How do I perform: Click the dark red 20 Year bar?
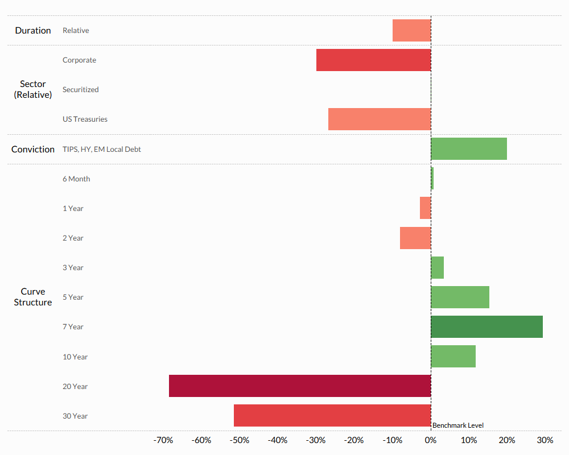(300, 386)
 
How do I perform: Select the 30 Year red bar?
(332, 416)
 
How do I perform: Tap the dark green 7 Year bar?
(486, 326)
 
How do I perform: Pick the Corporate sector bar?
(373, 60)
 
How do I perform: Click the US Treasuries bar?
(380, 119)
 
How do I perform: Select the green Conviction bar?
(469, 149)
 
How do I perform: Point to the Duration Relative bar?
(411, 30)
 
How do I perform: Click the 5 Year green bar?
(460, 297)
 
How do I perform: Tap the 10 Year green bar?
(453, 357)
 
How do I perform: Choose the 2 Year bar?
(415, 238)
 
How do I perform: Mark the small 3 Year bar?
(437, 267)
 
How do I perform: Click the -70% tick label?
(163, 440)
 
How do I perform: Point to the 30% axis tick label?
(545, 440)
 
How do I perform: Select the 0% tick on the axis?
(431, 440)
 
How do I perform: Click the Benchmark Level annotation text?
(458, 425)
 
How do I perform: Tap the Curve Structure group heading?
(33, 297)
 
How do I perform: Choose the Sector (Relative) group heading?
(33, 89)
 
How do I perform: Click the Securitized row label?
(80, 89)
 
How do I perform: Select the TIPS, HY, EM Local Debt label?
(102, 149)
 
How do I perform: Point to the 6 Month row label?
(76, 179)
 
